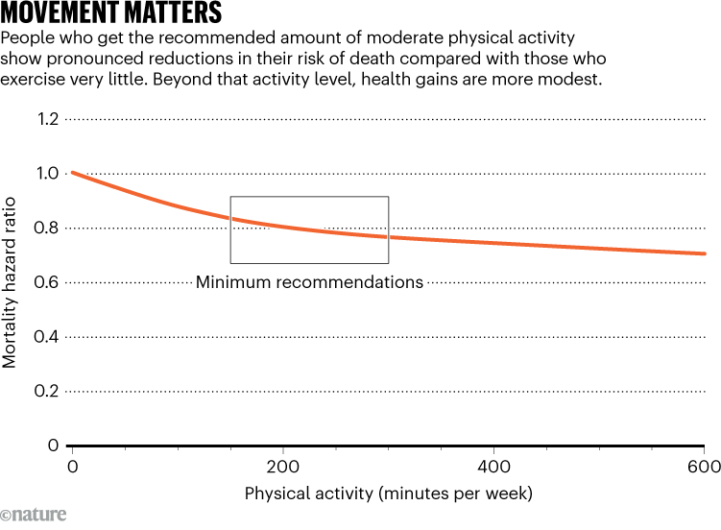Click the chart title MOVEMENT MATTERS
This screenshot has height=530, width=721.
(x=112, y=13)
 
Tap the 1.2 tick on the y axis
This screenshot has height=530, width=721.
(x=46, y=119)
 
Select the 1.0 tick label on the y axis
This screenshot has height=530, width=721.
(x=46, y=174)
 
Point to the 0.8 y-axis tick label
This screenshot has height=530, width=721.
(x=46, y=229)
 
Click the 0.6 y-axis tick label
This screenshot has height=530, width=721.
(x=46, y=282)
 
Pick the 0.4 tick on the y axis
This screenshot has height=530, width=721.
(x=46, y=337)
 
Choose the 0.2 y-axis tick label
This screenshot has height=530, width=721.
(x=46, y=392)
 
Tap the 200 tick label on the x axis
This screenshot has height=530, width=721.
(x=282, y=466)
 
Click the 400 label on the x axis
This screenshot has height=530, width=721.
(x=493, y=466)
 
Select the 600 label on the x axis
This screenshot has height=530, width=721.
(x=704, y=466)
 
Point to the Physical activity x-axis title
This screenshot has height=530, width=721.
(x=388, y=494)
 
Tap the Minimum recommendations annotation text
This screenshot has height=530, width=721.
(x=309, y=282)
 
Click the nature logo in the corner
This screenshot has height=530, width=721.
(x=34, y=515)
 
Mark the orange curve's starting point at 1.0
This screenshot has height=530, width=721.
(x=73, y=173)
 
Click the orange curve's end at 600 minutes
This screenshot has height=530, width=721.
(x=704, y=253)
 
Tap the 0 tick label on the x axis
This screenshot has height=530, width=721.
(x=72, y=466)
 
